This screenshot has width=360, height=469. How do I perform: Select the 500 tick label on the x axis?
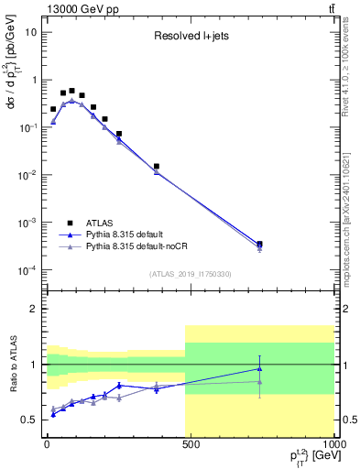click(x=191, y=445)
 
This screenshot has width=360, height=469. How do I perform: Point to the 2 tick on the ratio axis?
click(x=34, y=309)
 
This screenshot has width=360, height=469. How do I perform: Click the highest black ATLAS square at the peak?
click(x=71, y=91)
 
